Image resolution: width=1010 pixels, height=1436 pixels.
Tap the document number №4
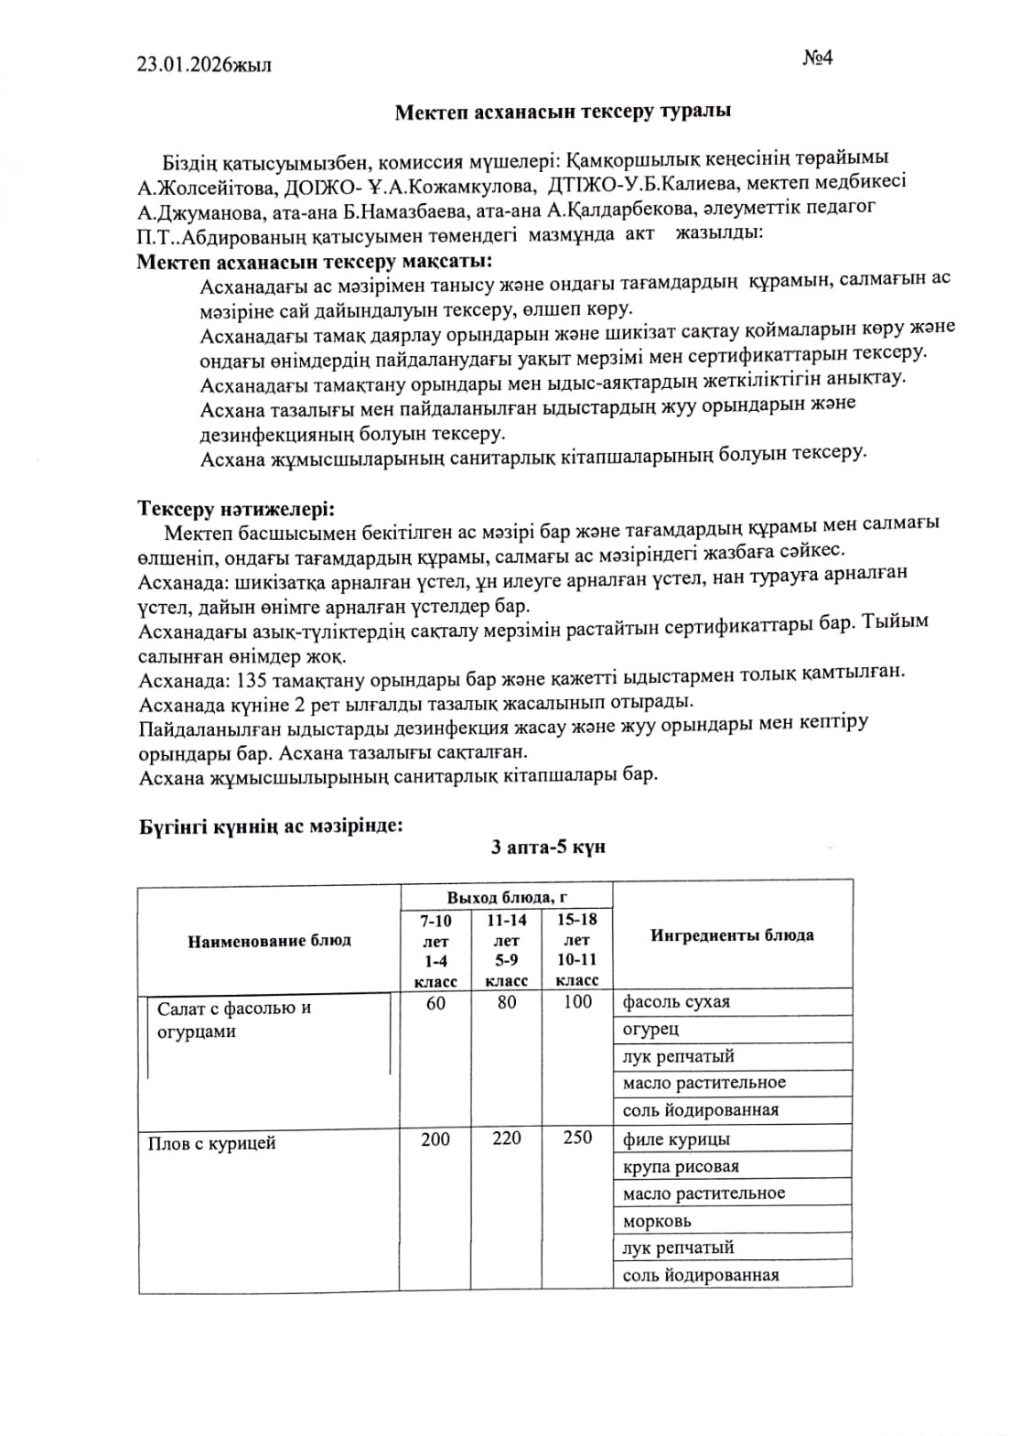coord(817,58)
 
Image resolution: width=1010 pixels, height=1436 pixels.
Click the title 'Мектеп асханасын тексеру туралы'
coord(563,112)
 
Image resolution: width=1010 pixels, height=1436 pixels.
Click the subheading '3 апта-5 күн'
coord(548,847)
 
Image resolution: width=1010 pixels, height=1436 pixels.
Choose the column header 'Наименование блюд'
coord(269,940)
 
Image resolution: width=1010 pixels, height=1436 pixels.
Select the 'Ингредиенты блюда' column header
coord(732,934)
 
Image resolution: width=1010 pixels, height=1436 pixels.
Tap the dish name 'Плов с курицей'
coord(211,1143)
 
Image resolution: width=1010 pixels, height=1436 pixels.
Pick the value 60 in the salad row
coord(435,1002)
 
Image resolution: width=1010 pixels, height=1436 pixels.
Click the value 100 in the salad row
coord(577,1002)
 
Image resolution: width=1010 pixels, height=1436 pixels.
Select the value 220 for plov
coord(506,1138)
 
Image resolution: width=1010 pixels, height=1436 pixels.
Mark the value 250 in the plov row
coord(577,1138)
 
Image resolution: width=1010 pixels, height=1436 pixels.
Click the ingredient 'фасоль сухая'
coord(676,1001)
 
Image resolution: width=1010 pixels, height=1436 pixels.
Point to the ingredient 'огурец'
coord(650,1029)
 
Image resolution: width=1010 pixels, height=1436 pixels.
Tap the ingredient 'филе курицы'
coord(676,1139)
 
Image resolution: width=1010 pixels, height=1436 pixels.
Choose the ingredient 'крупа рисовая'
coord(681,1167)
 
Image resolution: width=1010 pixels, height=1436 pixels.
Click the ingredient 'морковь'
coord(657,1221)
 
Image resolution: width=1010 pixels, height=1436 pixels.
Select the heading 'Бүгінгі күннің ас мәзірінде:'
coord(271,826)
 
